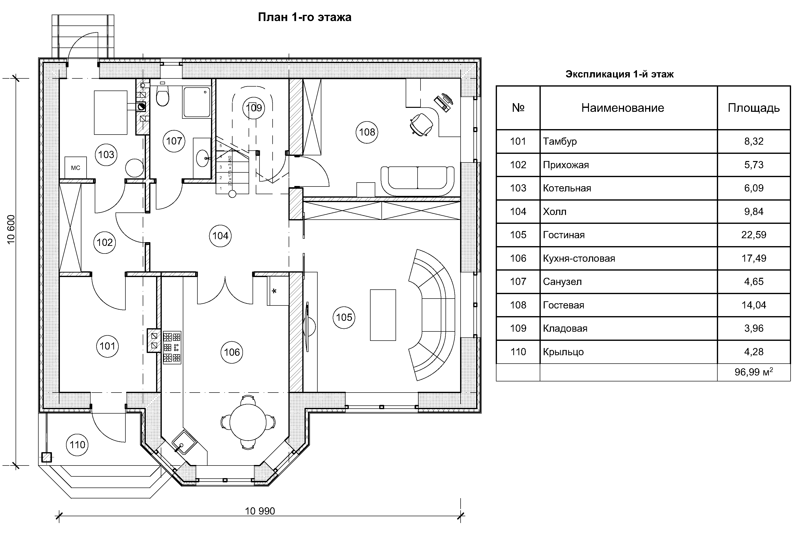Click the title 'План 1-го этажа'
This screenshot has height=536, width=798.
tap(304, 17)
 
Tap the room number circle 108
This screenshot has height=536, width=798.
tap(367, 132)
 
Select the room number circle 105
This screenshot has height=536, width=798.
tap(344, 317)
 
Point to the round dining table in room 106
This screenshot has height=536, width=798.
tap(248, 422)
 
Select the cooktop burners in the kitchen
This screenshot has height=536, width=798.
tap(172, 347)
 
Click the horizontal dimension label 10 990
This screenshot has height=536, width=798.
tap(260, 511)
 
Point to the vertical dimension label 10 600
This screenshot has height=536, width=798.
tap(11, 229)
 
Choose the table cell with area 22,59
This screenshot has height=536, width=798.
tap(753, 235)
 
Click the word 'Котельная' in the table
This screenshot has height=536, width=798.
tap(567, 188)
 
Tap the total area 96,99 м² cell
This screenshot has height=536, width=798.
tap(753, 372)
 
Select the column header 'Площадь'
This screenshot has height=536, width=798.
tap(753, 108)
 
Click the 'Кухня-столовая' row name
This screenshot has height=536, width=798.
tap(579, 258)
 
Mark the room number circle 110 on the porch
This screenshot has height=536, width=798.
tap(78, 445)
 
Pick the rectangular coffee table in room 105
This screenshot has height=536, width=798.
tap(383, 315)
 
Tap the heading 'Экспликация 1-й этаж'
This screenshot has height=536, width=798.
tap(619, 74)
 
